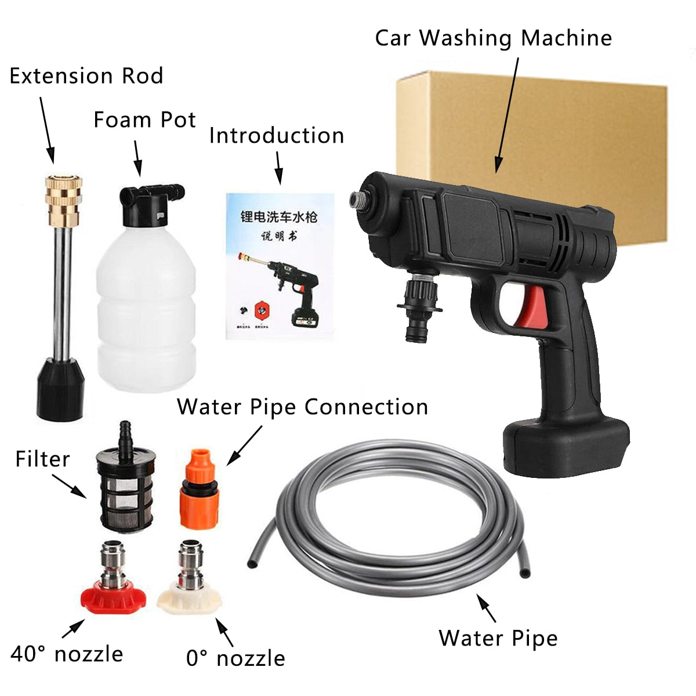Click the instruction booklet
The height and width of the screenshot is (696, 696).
[279, 264]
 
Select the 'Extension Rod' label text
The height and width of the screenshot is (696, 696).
[86, 76]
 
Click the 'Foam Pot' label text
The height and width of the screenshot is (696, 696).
[144, 120]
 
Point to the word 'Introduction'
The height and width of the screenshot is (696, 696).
[277, 136]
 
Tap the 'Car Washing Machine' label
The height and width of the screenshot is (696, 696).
[493, 38]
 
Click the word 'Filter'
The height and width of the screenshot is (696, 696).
[42, 459]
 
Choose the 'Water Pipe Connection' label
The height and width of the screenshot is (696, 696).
[302, 407]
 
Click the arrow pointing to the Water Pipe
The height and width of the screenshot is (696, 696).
[487, 608]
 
